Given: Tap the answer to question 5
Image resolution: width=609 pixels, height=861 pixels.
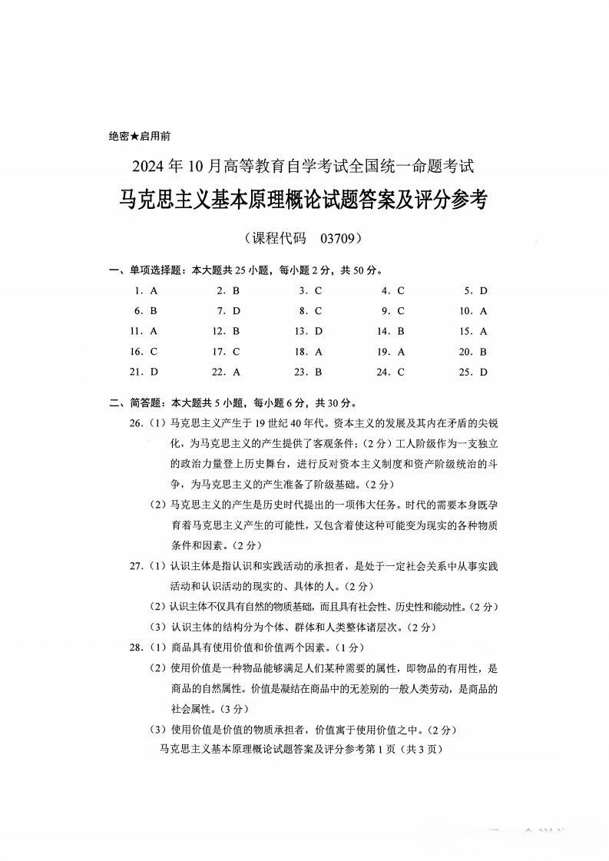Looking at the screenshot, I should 484,291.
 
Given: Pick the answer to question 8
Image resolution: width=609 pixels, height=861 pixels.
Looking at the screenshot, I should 318,311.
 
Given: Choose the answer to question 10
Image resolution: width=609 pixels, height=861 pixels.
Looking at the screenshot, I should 484,311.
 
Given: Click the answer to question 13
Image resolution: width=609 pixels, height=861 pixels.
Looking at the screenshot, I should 318,331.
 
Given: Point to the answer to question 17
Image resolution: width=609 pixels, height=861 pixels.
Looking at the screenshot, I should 236,352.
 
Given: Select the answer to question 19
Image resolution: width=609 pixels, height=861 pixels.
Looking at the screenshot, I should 401,352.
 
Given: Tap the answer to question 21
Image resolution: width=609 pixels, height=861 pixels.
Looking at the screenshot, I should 154,372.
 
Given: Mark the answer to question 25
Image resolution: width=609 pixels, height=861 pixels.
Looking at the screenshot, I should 484,372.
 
